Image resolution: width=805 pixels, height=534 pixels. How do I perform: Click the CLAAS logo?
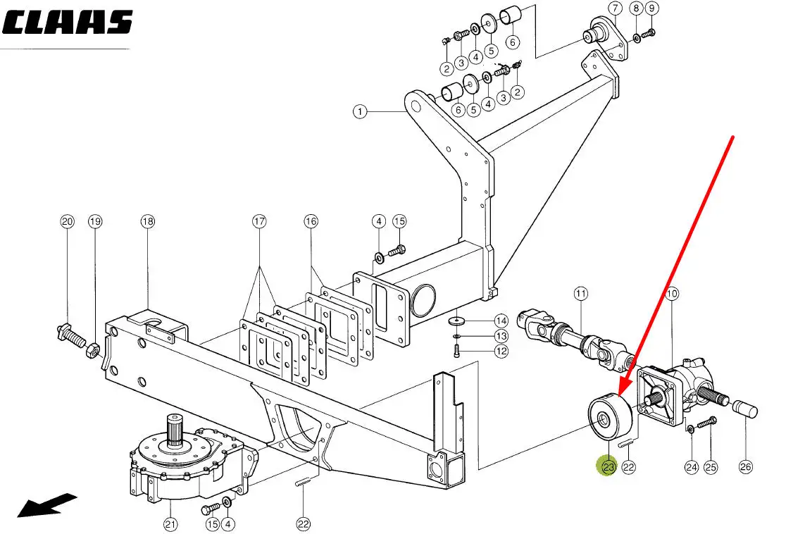point(68,23)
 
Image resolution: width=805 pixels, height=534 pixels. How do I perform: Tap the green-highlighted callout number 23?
point(607,466)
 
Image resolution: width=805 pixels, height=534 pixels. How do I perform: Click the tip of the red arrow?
point(618,395)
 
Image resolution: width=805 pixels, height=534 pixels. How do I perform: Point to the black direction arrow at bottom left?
point(46,505)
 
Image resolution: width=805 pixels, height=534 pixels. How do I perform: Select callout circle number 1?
point(360,111)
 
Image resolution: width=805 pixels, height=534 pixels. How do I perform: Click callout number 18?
point(147,222)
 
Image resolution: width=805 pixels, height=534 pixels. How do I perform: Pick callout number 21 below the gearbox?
point(171,523)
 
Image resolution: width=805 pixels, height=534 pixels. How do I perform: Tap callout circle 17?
point(260,222)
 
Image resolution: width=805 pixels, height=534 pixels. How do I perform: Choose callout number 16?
point(311,222)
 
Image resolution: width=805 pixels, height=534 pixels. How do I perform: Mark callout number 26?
point(746,466)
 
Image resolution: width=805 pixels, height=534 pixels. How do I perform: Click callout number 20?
point(67,222)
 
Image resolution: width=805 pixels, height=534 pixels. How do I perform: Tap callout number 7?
point(614,8)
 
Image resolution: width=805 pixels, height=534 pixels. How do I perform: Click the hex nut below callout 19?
point(92,348)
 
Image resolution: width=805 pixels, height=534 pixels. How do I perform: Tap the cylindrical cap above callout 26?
point(745,409)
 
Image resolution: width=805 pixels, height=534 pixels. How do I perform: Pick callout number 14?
point(501,321)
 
